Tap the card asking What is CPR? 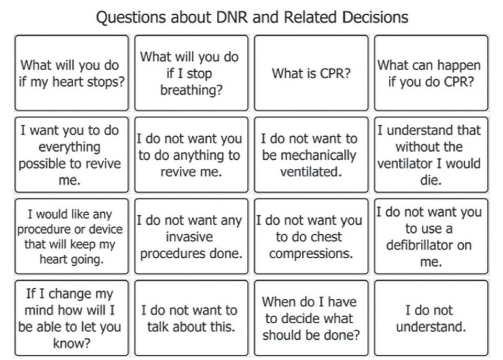point(311,73)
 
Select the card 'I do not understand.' point(431,318)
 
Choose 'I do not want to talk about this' point(191,318)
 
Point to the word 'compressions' point(311,254)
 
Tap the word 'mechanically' point(309,155)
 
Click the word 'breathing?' point(191,90)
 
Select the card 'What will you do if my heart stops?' point(72,73)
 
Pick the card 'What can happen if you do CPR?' point(431,73)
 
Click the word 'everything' point(70,147)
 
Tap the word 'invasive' point(189,237)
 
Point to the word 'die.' point(431,180)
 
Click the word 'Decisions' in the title point(375,17)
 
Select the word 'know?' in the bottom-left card point(72,343)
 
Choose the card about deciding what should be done point(311,318)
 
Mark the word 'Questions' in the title point(131,17)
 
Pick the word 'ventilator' point(405,163)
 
